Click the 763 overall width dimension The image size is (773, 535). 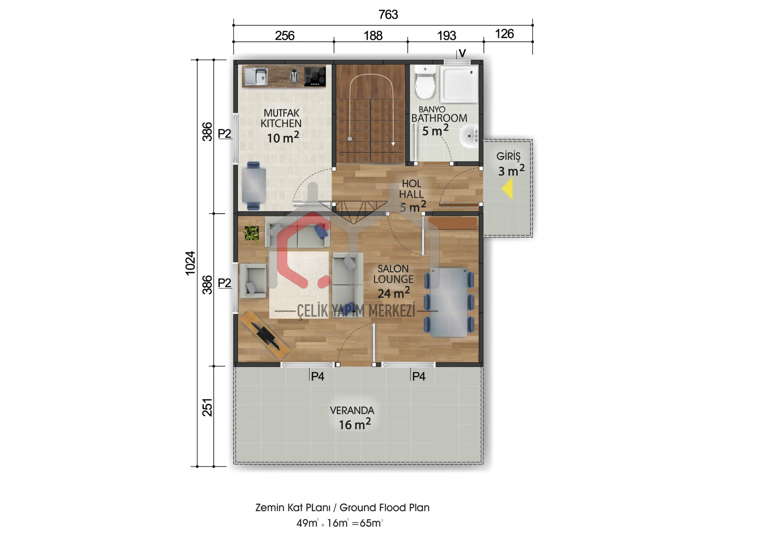388,14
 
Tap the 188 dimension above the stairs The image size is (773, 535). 373,36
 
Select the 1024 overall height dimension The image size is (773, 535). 190,263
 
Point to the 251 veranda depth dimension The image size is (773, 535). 207,407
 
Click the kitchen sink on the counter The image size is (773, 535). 256,76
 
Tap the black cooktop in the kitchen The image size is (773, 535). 315,76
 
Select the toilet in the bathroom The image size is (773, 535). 425,82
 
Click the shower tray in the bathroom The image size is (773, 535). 459,84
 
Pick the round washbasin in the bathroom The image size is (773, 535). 469,136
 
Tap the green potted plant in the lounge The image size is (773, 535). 252,233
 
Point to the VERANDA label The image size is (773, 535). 352,410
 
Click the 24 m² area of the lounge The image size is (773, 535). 393,293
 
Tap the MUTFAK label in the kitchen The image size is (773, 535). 281,113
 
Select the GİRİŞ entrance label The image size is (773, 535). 508,156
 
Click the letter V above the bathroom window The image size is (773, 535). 462,53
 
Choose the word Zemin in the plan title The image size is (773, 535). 268,508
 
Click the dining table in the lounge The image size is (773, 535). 449,302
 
